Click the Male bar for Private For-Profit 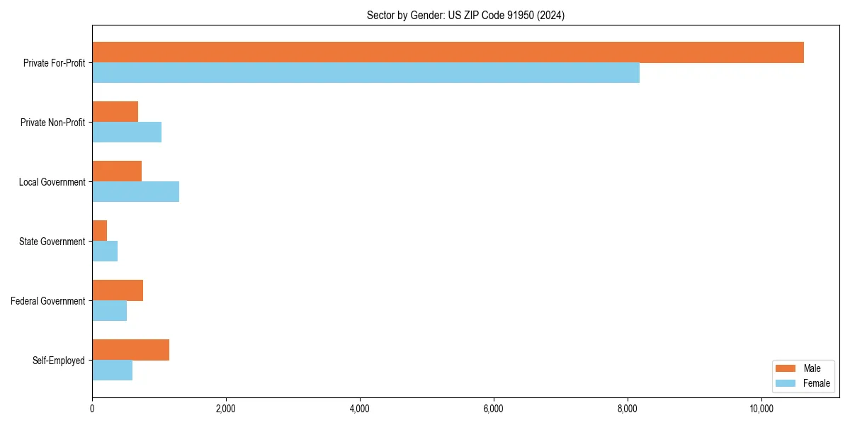[x=448, y=52]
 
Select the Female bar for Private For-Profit [x=365, y=73]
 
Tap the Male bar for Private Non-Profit [x=115, y=112]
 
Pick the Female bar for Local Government [x=135, y=192]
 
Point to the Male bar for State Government [x=100, y=231]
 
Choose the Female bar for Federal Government [x=109, y=311]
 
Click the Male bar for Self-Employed [x=130, y=350]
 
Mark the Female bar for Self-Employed [x=112, y=370]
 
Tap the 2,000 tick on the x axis [x=226, y=409]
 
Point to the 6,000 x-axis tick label [x=494, y=409]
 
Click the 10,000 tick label [x=761, y=409]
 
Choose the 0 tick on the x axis [x=92, y=409]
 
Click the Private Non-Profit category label [x=52, y=123]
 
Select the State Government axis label [x=52, y=242]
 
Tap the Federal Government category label [x=48, y=301]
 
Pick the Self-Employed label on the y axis [x=59, y=361]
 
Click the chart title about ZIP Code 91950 [x=465, y=15]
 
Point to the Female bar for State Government [x=105, y=251]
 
